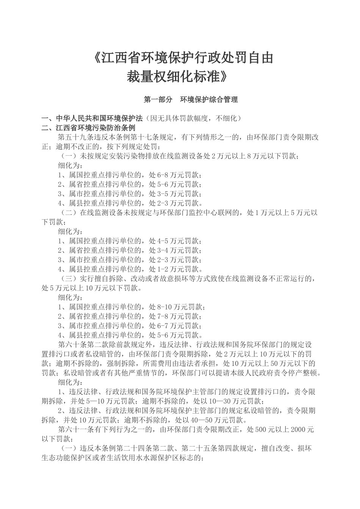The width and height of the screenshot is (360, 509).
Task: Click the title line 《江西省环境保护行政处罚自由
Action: pyautogui.click(x=182, y=58)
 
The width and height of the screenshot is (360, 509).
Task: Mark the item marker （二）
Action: pyautogui.click(x=69, y=212)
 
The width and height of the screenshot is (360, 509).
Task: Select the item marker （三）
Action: pyautogui.click(x=69, y=279)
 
